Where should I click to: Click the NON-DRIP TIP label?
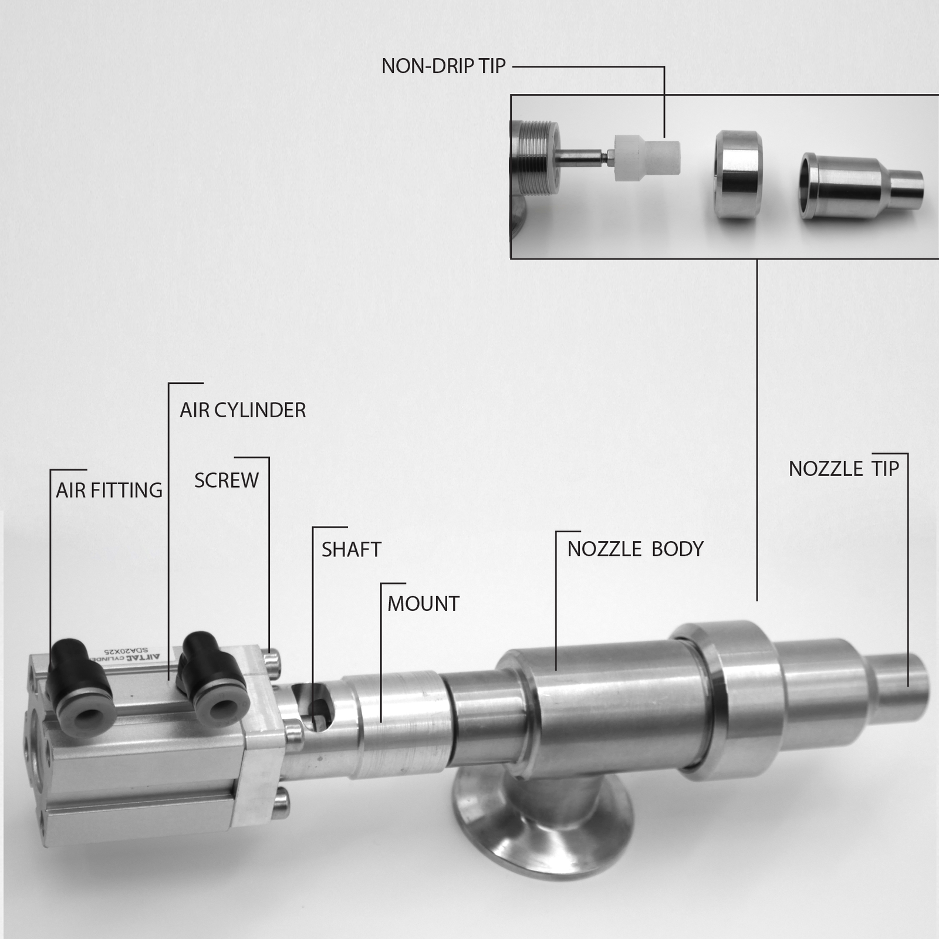[x=443, y=66]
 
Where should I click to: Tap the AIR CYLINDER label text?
[x=242, y=410]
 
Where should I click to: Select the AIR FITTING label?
[x=109, y=490]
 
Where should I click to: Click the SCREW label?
[x=226, y=481]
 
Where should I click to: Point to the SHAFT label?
[x=351, y=550]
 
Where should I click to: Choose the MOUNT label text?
[x=423, y=604]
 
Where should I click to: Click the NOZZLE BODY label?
[x=635, y=549]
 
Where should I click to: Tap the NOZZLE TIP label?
[x=843, y=469]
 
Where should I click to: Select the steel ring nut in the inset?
[x=738, y=175]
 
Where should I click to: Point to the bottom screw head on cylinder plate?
[x=281, y=802]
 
